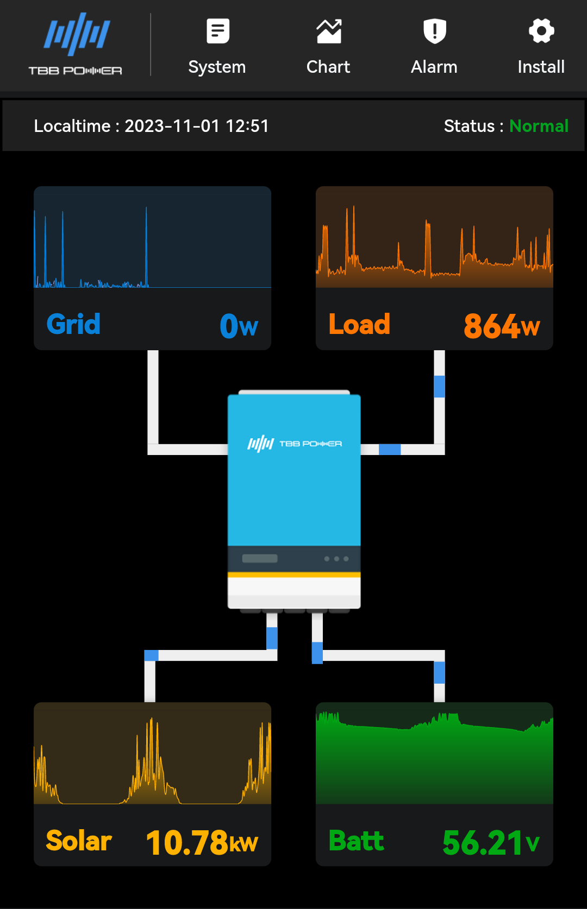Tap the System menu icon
click(218, 31)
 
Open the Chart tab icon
click(329, 31)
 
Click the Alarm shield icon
click(434, 31)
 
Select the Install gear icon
click(541, 31)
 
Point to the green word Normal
click(539, 126)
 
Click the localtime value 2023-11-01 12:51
click(197, 126)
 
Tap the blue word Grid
click(73, 324)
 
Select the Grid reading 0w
click(239, 326)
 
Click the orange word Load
click(359, 324)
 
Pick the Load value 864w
click(501, 326)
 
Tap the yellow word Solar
click(79, 841)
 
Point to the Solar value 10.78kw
click(202, 842)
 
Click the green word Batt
click(357, 841)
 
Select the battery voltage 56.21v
click(491, 842)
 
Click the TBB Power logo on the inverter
click(295, 444)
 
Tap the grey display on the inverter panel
click(260, 558)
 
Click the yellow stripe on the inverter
click(294, 575)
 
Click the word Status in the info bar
click(469, 126)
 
